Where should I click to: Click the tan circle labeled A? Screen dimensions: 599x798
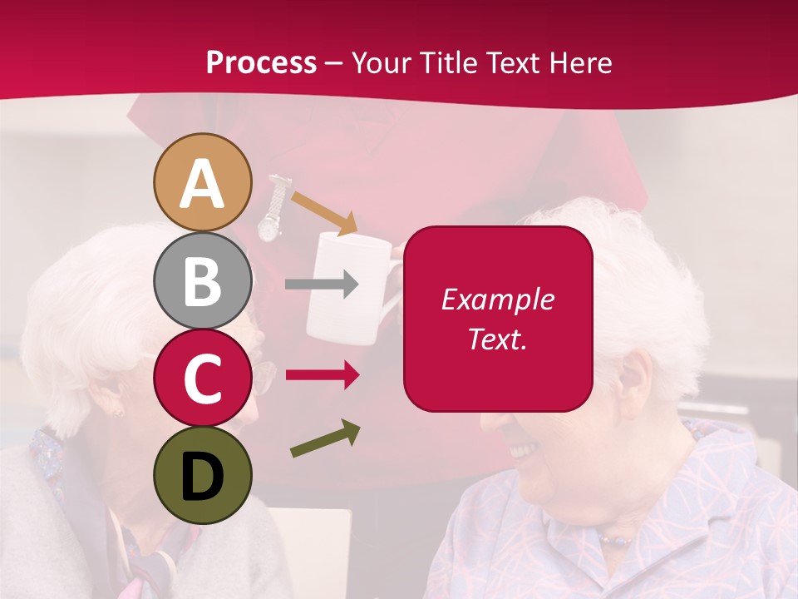(x=202, y=182)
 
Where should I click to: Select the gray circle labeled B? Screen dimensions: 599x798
(x=202, y=281)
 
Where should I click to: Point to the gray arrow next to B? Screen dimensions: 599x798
(x=322, y=285)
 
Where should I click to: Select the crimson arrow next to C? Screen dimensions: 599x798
(x=322, y=375)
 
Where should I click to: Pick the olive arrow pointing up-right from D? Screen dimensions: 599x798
(x=325, y=439)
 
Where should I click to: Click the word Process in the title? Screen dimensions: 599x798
(x=261, y=62)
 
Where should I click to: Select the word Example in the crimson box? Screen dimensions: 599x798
(x=497, y=299)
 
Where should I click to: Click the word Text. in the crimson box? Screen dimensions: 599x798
(x=497, y=339)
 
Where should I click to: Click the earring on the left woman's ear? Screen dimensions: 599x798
(x=117, y=412)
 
